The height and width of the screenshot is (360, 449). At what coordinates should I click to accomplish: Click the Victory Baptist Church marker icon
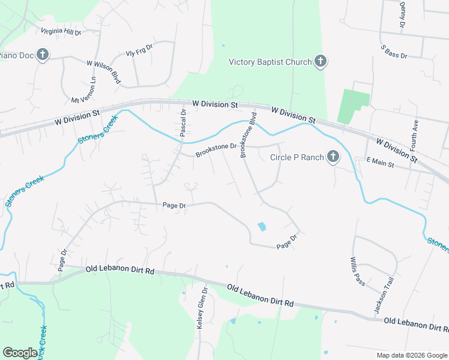click(x=321, y=61)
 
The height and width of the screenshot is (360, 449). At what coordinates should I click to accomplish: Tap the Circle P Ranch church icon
click(x=333, y=158)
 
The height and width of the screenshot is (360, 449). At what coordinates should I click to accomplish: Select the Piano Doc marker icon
click(x=42, y=55)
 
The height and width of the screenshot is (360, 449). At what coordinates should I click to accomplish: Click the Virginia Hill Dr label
click(x=61, y=31)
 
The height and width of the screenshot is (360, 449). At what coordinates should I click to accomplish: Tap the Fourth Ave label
click(x=414, y=134)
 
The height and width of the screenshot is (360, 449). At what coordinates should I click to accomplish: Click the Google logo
click(x=20, y=352)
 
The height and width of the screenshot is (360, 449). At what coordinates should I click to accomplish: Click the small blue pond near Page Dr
click(x=262, y=227)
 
